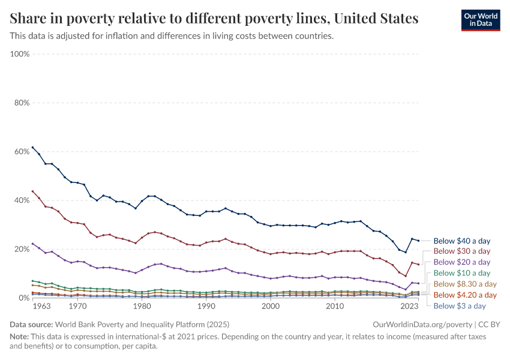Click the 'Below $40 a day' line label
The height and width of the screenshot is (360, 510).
pyautogui.click(x=461, y=241)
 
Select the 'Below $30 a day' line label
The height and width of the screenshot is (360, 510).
pyautogui.click(x=461, y=251)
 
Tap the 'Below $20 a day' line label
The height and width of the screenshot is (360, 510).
pyautogui.click(x=461, y=262)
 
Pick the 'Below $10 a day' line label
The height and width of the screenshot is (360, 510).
pyautogui.click(x=461, y=273)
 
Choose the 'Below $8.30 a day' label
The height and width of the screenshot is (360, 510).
pyautogui.click(x=465, y=284)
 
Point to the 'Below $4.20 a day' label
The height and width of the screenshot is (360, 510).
pyautogui.click(x=465, y=295)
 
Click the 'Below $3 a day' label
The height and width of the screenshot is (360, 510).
pyautogui.click(x=459, y=305)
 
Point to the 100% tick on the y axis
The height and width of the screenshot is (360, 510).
pyautogui.click(x=20, y=54)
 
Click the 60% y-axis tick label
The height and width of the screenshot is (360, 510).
pyautogui.click(x=22, y=151)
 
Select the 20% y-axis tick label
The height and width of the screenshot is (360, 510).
pyautogui.click(x=22, y=249)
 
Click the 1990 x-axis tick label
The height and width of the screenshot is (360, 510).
pyautogui.click(x=206, y=307)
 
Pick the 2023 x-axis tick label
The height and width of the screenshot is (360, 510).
pyautogui.click(x=409, y=307)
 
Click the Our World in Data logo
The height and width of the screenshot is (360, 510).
pyautogui.click(x=480, y=19)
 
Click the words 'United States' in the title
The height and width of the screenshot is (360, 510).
pyautogui.click(x=376, y=18)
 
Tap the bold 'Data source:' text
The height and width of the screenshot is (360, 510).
pyautogui.click(x=30, y=324)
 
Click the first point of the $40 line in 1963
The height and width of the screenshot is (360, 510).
pyautogui.click(x=32, y=147)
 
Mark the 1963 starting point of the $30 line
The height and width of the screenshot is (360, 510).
pyautogui.click(x=32, y=191)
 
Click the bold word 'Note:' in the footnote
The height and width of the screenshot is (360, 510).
pyautogui.click(x=20, y=337)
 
